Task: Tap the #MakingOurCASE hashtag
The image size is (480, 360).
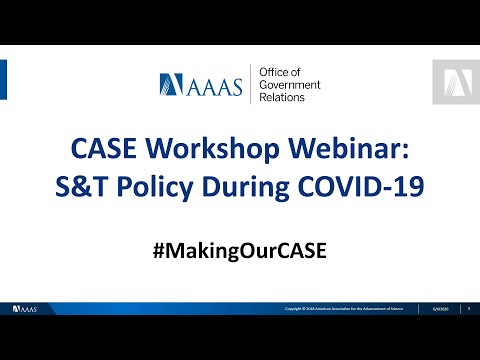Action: [240, 246]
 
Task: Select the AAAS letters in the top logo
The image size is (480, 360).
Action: [220, 86]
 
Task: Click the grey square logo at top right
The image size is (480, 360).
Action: [455, 82]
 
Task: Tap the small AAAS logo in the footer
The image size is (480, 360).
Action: [25, 309]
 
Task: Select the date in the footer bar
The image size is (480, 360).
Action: [440, 310]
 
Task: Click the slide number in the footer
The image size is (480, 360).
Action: [468, 310]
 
